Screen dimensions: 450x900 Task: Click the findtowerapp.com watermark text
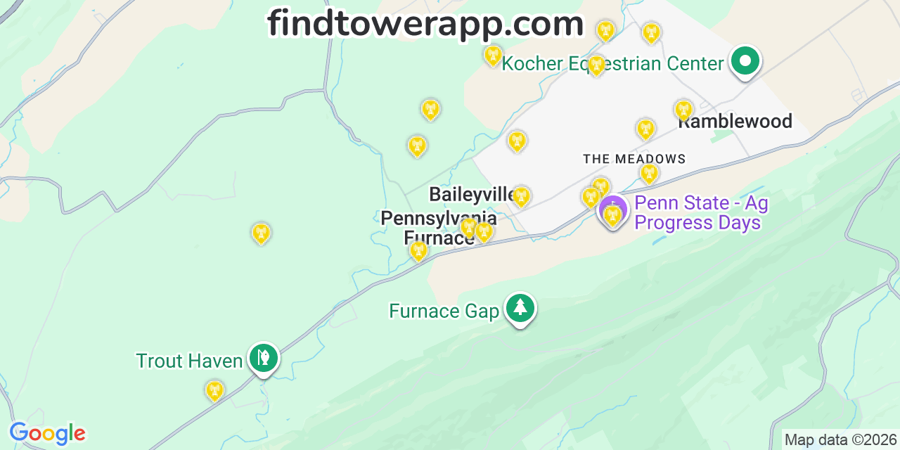coord(425,25)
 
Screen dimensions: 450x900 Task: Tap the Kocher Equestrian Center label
coord(612,64)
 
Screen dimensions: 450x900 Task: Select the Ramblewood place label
coord(735,122)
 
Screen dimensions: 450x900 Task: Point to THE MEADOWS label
coord(634,160)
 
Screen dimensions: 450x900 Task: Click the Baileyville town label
coord(472,194)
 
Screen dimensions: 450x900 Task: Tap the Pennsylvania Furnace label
coord(439,228)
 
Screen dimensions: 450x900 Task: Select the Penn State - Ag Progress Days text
coord(700,213)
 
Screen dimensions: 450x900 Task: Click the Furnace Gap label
coord(444,311)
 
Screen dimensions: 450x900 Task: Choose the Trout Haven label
coord(188,361)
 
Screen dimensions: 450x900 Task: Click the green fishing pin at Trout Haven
coord(263,359)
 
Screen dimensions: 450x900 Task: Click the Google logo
coord(47,433)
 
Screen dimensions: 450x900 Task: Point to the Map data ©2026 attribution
coord(840,440)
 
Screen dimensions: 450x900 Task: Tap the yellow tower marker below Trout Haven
coord(214,390)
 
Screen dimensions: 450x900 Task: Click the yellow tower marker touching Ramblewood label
coord(683,110)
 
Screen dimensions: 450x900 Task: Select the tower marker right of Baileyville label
coord(520,196)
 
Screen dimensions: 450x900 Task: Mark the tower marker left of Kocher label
coord(493,55)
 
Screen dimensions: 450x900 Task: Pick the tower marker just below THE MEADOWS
coord(649,173)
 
